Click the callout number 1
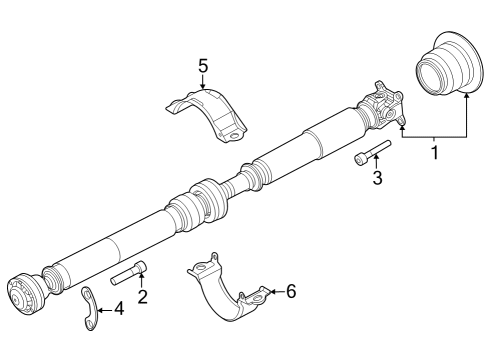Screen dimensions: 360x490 pyautogui.click(x=435, y=153)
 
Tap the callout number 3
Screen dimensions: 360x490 pyautogui.click(x=377, y=179)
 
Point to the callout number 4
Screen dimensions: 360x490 pyautogui.click(x=119, y=309)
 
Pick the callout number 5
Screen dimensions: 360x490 pyautogui.click(x=203, y=66)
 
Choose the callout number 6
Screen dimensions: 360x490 pyautogui.click(x=291, y=291)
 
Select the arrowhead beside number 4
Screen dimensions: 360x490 pyautogui.click(x=101, y=309)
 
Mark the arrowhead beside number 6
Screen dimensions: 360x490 pyautogui.click(x=274, y=291)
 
